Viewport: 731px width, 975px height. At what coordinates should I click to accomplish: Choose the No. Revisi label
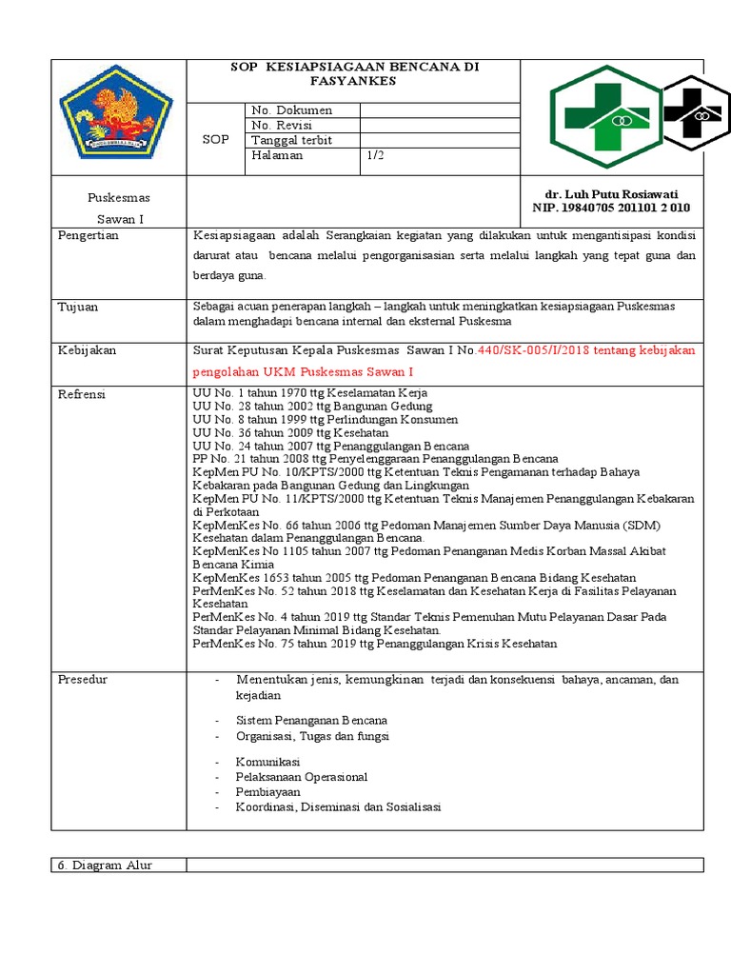click(281, 126)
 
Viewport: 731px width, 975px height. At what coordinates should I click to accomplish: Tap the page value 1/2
click(377, 155)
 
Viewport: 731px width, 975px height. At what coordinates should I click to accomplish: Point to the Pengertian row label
click(89, 235)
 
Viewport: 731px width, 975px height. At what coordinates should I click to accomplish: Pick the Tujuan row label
click(78, 308)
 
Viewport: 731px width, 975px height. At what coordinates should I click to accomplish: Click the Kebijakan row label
click(88, 350)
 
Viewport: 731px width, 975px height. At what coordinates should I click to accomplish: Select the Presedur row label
click(84, 680)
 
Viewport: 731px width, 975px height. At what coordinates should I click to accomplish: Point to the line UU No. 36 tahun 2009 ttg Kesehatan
click(290, 432)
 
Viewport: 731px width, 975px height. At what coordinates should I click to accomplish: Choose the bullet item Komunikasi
click(268, 763)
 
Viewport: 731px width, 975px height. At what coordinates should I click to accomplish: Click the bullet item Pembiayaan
click(268, 791)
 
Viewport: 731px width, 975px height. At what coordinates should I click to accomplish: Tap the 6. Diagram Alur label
click(105, 865)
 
